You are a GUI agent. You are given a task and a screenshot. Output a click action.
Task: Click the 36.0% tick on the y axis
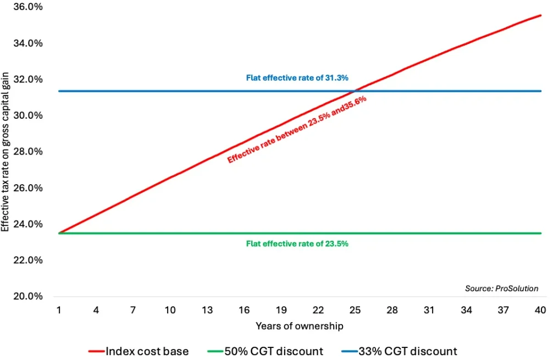click(x=29, y=7)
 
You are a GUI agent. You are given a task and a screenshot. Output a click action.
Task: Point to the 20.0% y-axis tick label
click(x=29, y=296)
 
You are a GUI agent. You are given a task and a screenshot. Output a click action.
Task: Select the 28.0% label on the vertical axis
click(x=29, y=152)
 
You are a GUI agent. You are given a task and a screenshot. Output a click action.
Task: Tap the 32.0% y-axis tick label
click(x=29, y=79)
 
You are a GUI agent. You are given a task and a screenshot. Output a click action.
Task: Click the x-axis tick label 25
click(x=356, y=311)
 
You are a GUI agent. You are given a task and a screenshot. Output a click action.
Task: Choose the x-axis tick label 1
click(x=59, y=311)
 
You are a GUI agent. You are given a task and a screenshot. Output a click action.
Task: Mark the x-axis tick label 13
click(x=207, y=311)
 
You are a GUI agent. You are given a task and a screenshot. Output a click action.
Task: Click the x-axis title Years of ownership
click(x=300, y=326)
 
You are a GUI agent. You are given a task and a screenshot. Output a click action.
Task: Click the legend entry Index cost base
click(x=147, y=351)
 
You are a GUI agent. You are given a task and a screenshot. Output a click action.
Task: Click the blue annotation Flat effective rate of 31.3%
click(x=297, y=79)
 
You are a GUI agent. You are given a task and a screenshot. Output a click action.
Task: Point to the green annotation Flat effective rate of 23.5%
click(x=297, y=243)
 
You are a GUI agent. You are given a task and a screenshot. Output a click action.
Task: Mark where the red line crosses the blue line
click(x=358, y=91)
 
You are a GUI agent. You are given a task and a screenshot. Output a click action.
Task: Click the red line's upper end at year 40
click(x=541, y=15)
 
